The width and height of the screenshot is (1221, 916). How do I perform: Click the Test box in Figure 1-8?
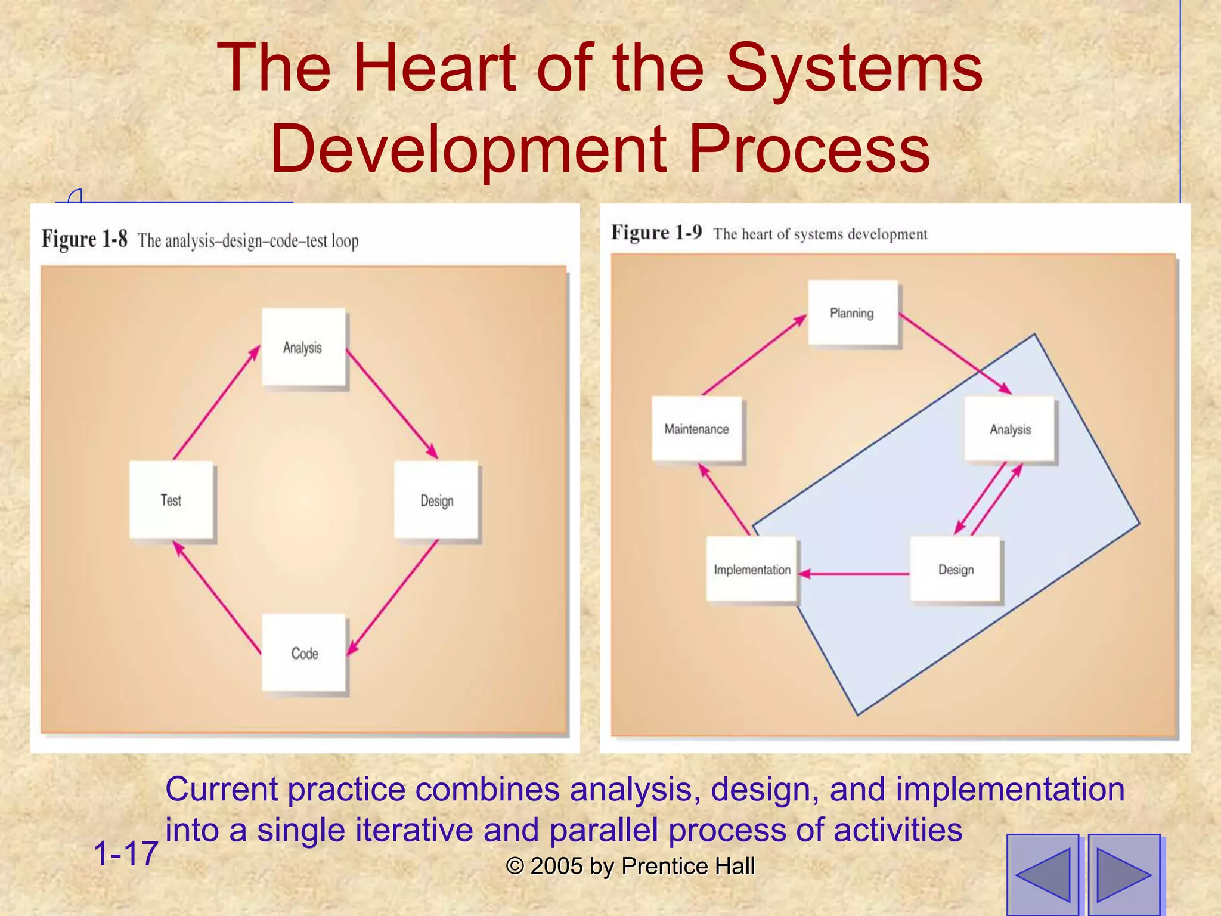[171, 500]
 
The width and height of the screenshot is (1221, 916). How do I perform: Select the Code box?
[304, 652]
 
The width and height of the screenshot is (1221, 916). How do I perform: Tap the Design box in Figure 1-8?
[436, 500]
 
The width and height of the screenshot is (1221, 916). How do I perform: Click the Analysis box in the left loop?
[303, 347]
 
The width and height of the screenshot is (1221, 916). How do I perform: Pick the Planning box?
[853, 312]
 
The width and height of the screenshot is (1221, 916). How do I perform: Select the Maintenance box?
[697, 429]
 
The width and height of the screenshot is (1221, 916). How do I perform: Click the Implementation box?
[752, 569]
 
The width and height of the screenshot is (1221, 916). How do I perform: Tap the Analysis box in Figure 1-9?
[1009, 429]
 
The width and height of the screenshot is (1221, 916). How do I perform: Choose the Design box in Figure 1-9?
[955, 569]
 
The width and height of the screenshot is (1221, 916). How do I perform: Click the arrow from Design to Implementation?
[854, 574]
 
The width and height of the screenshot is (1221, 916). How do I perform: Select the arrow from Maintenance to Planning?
[754, 356]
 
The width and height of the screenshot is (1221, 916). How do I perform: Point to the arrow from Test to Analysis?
[216, 403]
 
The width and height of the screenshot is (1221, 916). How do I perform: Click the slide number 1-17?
[126, 853]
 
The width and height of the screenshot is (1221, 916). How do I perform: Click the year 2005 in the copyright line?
[556, 866]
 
